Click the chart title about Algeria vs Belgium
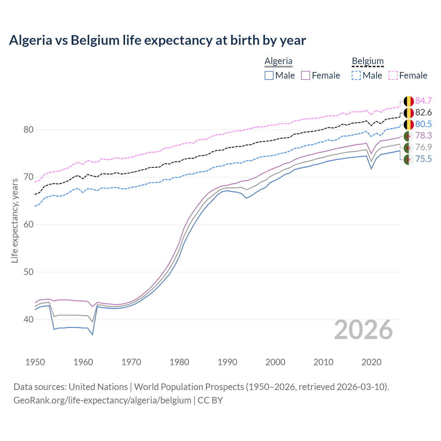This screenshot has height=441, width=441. click(x=157, y=40)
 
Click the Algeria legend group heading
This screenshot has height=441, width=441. click(x=278, y=61)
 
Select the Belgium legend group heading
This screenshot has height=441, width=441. click(x=368, y=61)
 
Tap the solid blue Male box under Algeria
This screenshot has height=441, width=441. click(x=269, y=75)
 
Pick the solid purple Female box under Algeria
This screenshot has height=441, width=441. click(x=306, y=75)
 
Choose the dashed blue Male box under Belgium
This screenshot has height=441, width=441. click(x=356, y=75)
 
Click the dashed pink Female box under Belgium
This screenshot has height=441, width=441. click(x=393, y=75)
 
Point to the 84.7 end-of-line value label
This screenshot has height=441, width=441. click(x=423, y=101)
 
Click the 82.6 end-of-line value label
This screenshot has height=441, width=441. click(x=423, y=112)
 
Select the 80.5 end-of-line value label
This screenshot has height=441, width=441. click(x=423, y=124)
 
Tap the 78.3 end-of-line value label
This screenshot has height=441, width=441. click(x=423, y=135)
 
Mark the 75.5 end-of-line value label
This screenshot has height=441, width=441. click(x=423, y=159)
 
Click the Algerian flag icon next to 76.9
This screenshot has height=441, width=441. click(x=409, y=147)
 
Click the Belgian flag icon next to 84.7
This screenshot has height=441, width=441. click(x=409, y=101)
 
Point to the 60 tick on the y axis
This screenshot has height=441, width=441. click(x=29, y=225)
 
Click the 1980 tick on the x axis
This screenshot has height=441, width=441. click(x=179, y=362)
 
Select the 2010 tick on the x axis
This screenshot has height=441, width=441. click(x=323, y=362)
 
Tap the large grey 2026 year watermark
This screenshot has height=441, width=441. click(x=363, y=330)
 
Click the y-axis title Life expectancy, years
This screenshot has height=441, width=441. click(x=15, y=220)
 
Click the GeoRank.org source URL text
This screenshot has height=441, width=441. click(x=102, y=400)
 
